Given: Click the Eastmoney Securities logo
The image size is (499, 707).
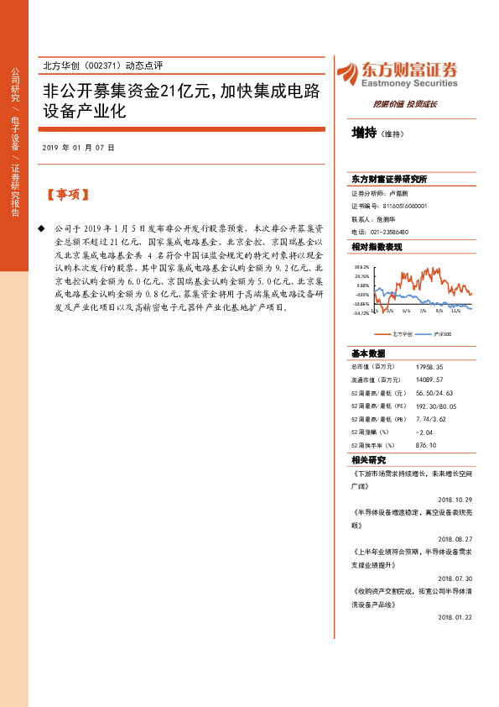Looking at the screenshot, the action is tap(397, 75).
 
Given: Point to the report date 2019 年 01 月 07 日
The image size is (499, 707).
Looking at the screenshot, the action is tap(78, 148).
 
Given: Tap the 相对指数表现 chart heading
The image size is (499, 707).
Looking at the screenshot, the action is tap(377, 247).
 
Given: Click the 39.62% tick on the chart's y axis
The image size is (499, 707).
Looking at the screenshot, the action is tap(361, 265).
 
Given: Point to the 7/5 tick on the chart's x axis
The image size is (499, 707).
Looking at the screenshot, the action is tap(423, 309).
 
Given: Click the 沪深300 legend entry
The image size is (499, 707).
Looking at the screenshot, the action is tap(442, 334).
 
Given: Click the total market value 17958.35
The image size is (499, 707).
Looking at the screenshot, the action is tap(429, 367).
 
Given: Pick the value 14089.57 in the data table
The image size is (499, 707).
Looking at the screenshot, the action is tap(429, 380).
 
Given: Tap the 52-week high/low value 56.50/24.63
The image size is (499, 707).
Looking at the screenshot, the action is tap(434, 392).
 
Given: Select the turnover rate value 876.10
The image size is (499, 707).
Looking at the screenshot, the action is tap(428, 445).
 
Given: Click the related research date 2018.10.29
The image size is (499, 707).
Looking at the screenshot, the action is tap(455, 498).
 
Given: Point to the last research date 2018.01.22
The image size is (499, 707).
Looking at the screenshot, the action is tap(455, 616).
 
